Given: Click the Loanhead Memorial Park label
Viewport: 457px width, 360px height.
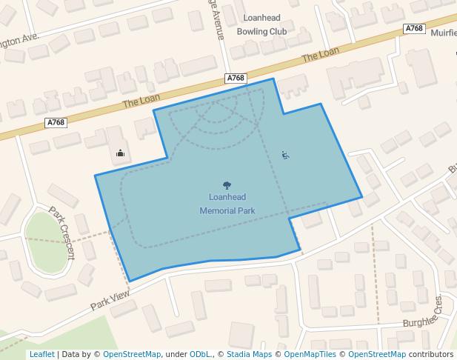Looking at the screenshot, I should (227, 204).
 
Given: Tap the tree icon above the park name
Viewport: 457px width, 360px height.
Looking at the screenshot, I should (227, 185).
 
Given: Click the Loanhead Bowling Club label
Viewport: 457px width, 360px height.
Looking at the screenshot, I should (261, 24).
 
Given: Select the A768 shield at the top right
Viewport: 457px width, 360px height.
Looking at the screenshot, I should (414, 28).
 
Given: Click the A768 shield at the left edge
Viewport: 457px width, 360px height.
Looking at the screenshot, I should (56, 123).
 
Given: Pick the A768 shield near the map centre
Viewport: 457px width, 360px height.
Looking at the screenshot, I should (235, 78).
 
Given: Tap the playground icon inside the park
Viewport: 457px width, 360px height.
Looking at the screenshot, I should (285, 155).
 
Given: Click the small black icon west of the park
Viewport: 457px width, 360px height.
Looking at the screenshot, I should (120, 154).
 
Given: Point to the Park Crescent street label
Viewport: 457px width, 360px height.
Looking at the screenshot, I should (62, 233).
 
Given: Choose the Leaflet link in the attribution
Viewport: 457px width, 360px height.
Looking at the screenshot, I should (41, 354).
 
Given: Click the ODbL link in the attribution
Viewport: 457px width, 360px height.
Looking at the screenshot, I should (200, 354).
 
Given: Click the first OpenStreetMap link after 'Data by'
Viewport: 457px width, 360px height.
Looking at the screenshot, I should (131, 354).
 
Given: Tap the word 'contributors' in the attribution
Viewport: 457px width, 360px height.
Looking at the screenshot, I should (431, 354).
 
